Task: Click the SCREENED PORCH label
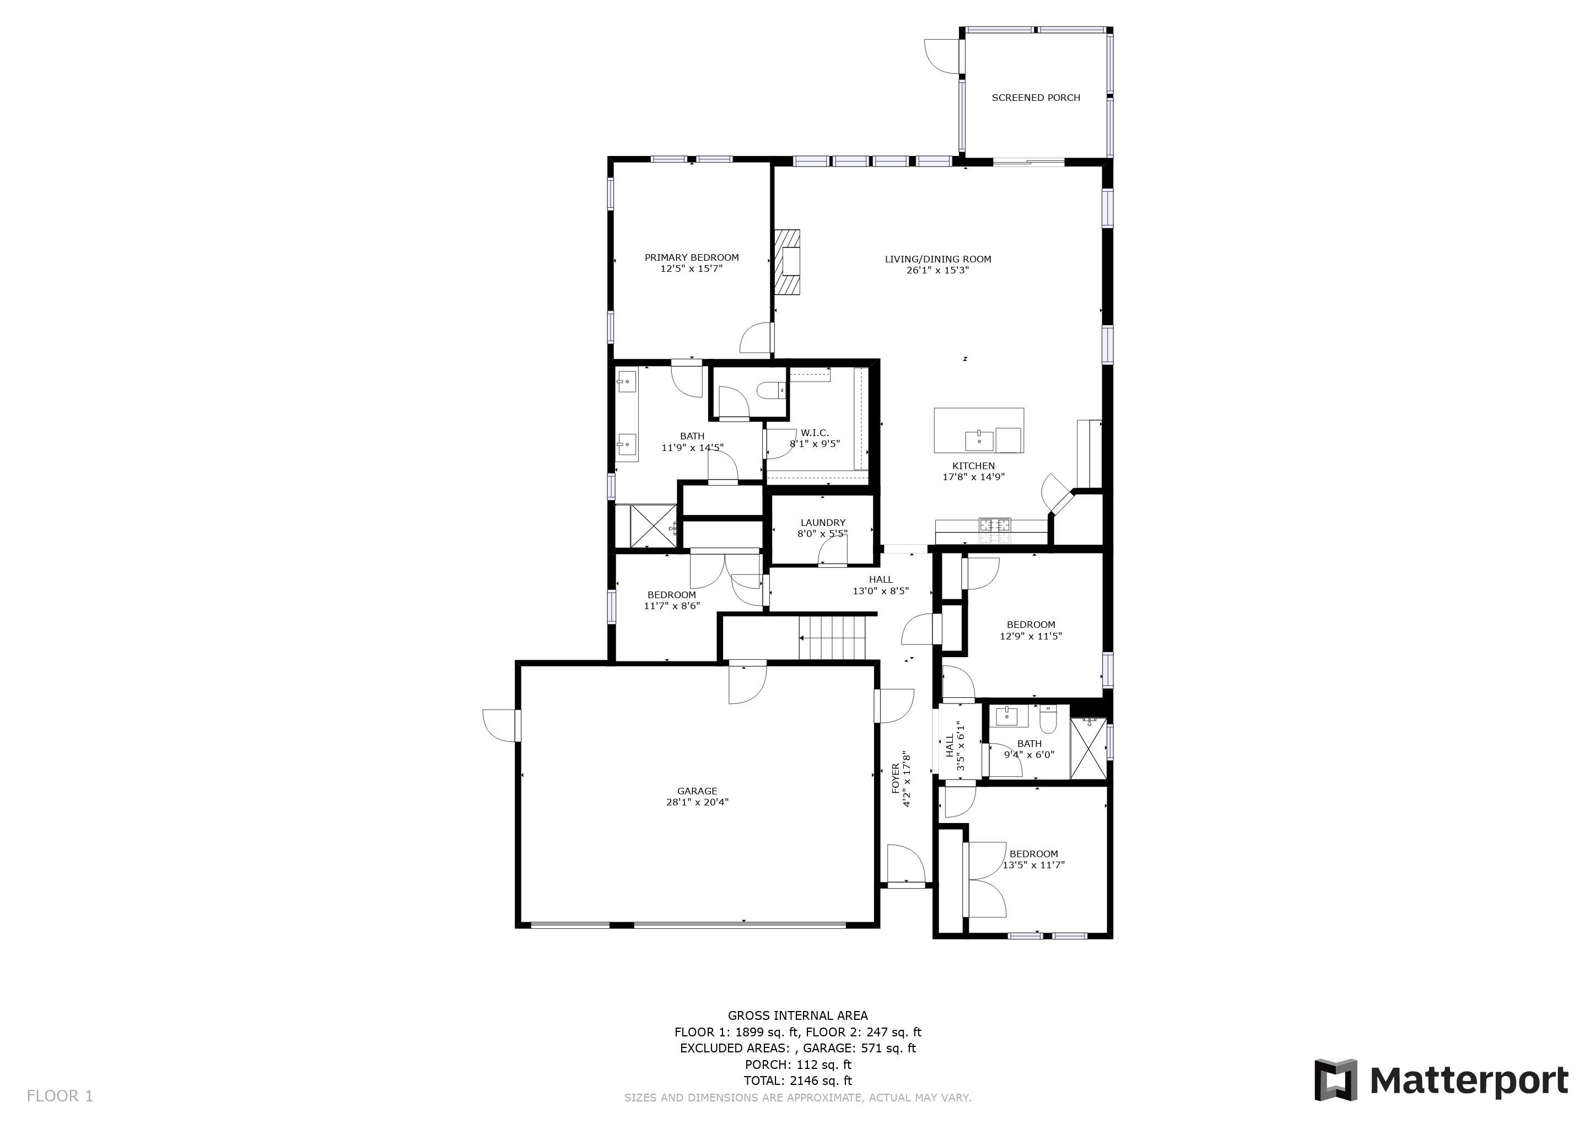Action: pyautogui.click(x=1036, y=98)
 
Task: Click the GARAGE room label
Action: pyautogui.click(x=697, y=791)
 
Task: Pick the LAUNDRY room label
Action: pyautogui.click(x=823, y=523)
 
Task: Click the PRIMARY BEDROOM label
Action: pyautogui.click(x=692, y=257)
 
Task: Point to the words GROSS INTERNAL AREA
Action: pyautogui.click(x=798, y=1015)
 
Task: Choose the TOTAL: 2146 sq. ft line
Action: pyautogui.click(x=798, y=1080)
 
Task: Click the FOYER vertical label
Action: pyautogui.click(x=896, y=778)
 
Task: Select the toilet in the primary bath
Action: pyautogui.click(x=772, y=391)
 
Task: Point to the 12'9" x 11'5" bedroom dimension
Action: pyautogui.click(x=1031, y=636)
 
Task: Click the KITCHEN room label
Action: pyautogui.click(x=973, y=466)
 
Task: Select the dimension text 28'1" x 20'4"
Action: pyautogui.click(x=697, y=802)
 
